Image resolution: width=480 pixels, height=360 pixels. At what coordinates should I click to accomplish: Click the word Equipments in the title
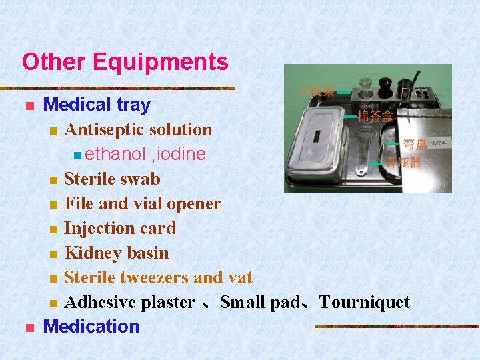(161, 62)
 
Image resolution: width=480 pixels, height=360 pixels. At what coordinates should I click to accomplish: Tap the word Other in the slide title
(55, 62)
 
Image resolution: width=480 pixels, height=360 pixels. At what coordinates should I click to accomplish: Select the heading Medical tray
(97, 105)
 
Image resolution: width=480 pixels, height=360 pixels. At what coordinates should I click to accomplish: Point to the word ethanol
(115, 154)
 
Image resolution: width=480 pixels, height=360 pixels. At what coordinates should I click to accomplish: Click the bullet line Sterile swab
(112, 179)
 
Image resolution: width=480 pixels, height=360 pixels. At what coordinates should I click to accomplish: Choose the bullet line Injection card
(120, 228)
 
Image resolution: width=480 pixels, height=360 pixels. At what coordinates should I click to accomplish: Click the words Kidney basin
(117, 253)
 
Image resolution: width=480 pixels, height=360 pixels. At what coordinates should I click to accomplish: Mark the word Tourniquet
(365, 302)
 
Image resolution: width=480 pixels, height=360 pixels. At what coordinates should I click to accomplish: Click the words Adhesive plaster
(130, 302)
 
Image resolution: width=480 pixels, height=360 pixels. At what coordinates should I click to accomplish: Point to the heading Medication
(91, 327)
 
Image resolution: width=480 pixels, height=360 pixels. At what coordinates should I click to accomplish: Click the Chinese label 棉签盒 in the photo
(375, 116)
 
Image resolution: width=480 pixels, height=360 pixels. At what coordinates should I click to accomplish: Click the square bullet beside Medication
(28, 327)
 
